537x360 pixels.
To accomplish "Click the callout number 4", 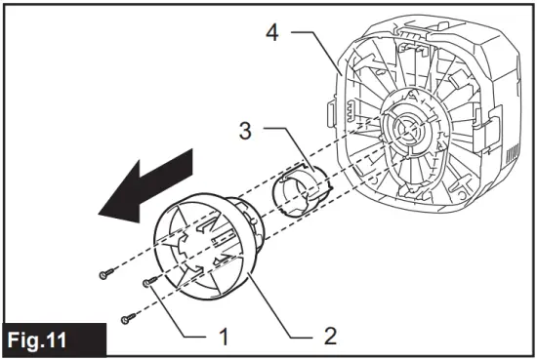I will coord(276,35).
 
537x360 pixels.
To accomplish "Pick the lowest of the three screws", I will coord(125,317).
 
